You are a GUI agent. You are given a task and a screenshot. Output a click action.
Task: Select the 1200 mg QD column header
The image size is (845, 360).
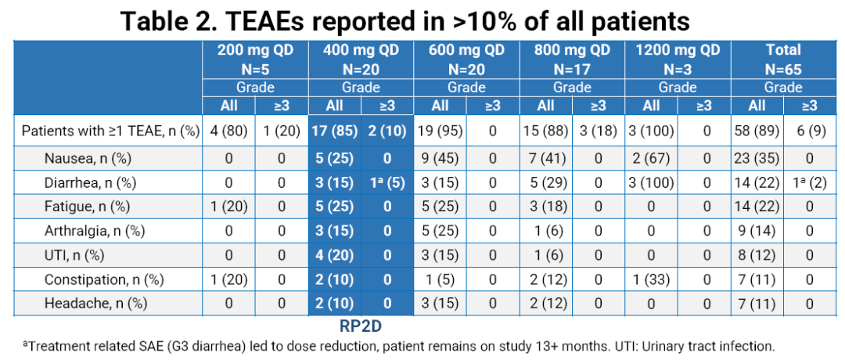point(678,59)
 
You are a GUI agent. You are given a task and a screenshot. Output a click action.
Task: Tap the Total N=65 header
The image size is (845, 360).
point(783,59)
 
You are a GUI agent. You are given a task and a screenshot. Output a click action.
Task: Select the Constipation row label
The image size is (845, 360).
point(91,279)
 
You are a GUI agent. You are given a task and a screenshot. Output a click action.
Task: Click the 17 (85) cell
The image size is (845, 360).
point(334,131)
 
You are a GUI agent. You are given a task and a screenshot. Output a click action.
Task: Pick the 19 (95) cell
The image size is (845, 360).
point(440,131)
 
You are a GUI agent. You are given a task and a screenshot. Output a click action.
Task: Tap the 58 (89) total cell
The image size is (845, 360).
point(757,131)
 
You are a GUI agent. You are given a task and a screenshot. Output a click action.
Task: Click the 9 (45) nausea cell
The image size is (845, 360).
point(440,157)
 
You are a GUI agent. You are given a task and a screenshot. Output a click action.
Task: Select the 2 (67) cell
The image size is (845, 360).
point(652,157)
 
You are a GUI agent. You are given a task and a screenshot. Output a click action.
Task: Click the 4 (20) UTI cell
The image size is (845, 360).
point(334,255)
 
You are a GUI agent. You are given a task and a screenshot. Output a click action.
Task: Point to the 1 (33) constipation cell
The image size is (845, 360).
point(652,279)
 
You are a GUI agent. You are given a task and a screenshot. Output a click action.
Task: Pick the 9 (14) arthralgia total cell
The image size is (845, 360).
point(757,231)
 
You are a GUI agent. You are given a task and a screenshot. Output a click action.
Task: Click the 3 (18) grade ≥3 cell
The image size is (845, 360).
point(599,131)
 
